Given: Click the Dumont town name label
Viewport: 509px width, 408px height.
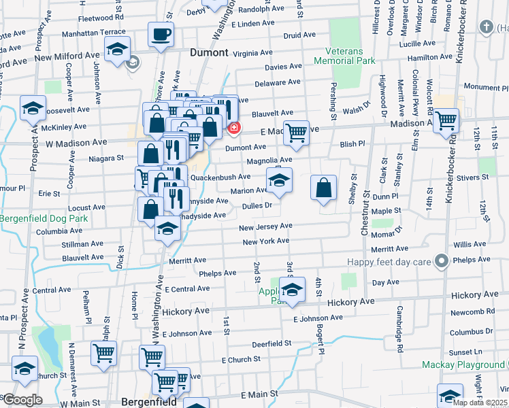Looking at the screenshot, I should [209, 51].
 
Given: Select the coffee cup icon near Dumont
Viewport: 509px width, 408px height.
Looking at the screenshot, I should [161, 34].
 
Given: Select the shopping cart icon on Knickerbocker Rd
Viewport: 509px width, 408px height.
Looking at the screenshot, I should [446, 121].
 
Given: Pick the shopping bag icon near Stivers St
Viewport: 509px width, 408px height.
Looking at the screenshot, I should [324, 188].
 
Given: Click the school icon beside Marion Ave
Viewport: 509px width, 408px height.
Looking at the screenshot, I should [279, 181].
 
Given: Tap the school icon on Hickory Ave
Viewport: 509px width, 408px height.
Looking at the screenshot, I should [292, 289].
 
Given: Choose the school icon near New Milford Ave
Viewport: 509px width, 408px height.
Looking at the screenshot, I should [117, 49].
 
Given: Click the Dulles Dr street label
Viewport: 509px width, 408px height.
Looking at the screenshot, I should [257, 205].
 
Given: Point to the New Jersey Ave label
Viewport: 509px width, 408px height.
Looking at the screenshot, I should [265, 226].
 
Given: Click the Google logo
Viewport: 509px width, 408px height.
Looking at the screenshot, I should [22, 400].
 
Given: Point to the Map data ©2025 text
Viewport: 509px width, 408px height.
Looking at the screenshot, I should [478, 403].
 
